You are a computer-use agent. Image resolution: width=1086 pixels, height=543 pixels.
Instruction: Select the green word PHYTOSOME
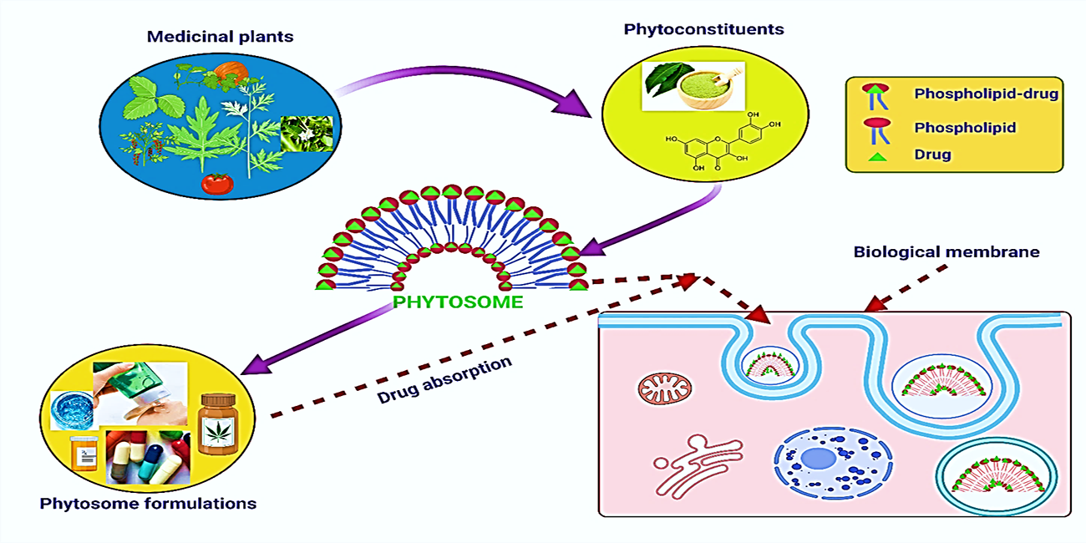pos(458,302)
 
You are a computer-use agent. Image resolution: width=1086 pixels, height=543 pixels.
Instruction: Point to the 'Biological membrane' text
pos(946,251)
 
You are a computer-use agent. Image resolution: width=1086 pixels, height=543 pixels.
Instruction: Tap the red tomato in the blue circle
pos(215,183)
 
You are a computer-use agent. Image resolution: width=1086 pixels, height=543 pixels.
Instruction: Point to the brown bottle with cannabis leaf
pos(220,425)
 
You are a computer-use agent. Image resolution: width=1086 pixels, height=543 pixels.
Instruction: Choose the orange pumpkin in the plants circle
pos(227,72)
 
